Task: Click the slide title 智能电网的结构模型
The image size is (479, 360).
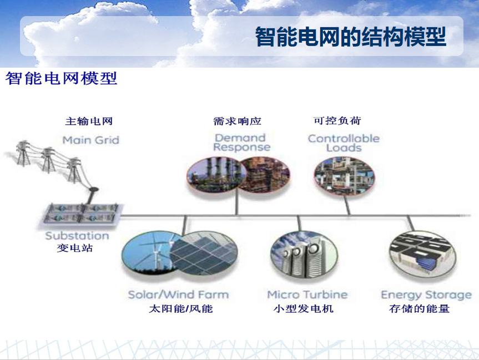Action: tap(351, 37)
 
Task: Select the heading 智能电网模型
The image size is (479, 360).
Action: tap(62, 78)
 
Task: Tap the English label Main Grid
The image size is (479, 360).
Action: tap(90, 140)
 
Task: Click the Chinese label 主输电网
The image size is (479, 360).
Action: tap(89, 121)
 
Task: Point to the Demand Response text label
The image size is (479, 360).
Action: tap(241, 143)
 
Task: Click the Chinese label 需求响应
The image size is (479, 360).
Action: tap(238, 121)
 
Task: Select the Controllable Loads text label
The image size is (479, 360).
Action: tap(344, 143)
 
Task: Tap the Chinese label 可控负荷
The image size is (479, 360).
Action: tap(337, 120)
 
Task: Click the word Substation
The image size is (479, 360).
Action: tap(77, 236)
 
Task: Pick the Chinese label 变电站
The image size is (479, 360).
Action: tap(75, 248)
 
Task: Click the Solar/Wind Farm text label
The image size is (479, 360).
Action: tap(178, 295)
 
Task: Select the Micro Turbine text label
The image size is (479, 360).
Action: tap(307, 295)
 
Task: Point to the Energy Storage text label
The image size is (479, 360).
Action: tap(426, 295)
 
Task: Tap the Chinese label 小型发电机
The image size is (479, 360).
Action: tap(304, 309)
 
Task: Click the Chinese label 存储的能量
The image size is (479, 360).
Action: tap(419, 309)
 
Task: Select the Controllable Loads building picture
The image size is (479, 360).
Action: tap(345, 176)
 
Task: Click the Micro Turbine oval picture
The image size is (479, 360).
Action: tap(304, 255)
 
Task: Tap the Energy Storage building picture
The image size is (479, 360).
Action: tap(422, 254)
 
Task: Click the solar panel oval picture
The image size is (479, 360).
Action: tap(204, 253)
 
